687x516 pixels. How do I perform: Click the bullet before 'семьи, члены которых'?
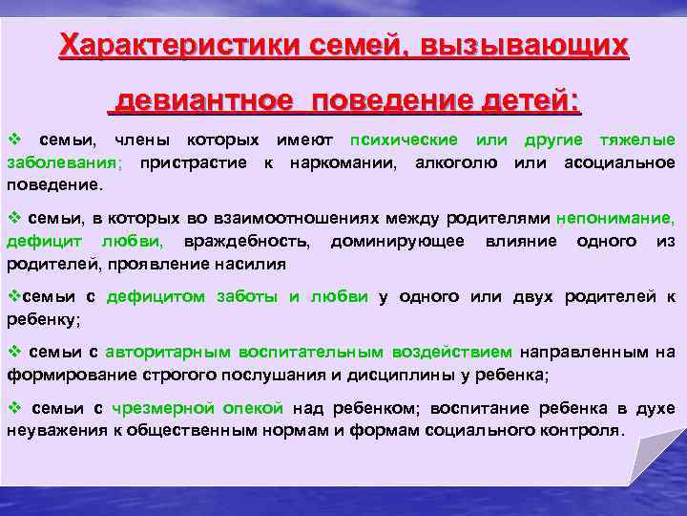13,140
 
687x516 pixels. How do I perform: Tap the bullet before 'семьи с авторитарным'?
13,352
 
